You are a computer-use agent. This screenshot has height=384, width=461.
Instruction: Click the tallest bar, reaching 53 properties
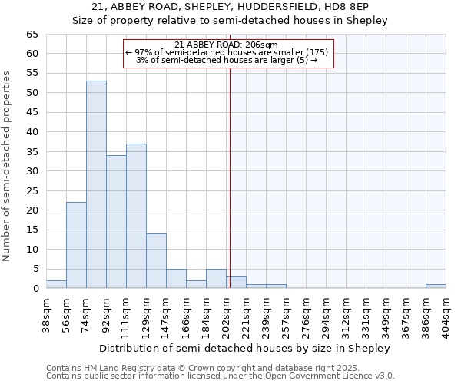pyautogui.click(x=96, y=184)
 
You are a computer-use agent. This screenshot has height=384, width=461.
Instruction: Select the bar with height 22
pyautogui.click(x=76, y=245)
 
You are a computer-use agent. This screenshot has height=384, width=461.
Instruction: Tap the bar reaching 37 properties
pyautogui.click(x=136, y=216)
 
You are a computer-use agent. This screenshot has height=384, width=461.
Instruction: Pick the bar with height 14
pyautogui.click(x=156, y=260)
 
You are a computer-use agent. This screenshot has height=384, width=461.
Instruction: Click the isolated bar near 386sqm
pyautogui.click(x=436, y=286)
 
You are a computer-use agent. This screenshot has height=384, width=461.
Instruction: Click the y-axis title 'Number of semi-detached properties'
pyautogui.click(x=8, y=166)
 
